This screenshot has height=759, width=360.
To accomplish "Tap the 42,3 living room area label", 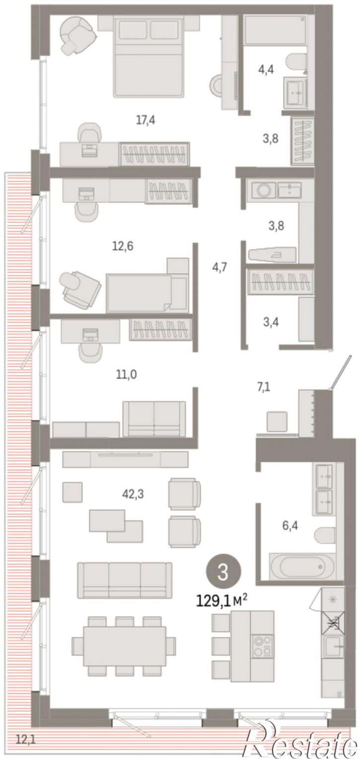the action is (x=133, y=494).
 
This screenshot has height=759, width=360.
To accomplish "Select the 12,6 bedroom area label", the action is (x=123, y=246).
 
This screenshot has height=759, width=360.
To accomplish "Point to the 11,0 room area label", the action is (x=127, y=375).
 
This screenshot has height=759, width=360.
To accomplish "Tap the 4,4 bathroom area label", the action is (x=266, y=70).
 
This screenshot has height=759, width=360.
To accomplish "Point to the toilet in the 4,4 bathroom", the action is (x=296, y=63).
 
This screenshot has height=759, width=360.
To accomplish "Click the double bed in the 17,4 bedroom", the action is (x=148, y=57).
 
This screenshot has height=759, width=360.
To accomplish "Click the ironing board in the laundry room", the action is (x=272, y=254).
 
